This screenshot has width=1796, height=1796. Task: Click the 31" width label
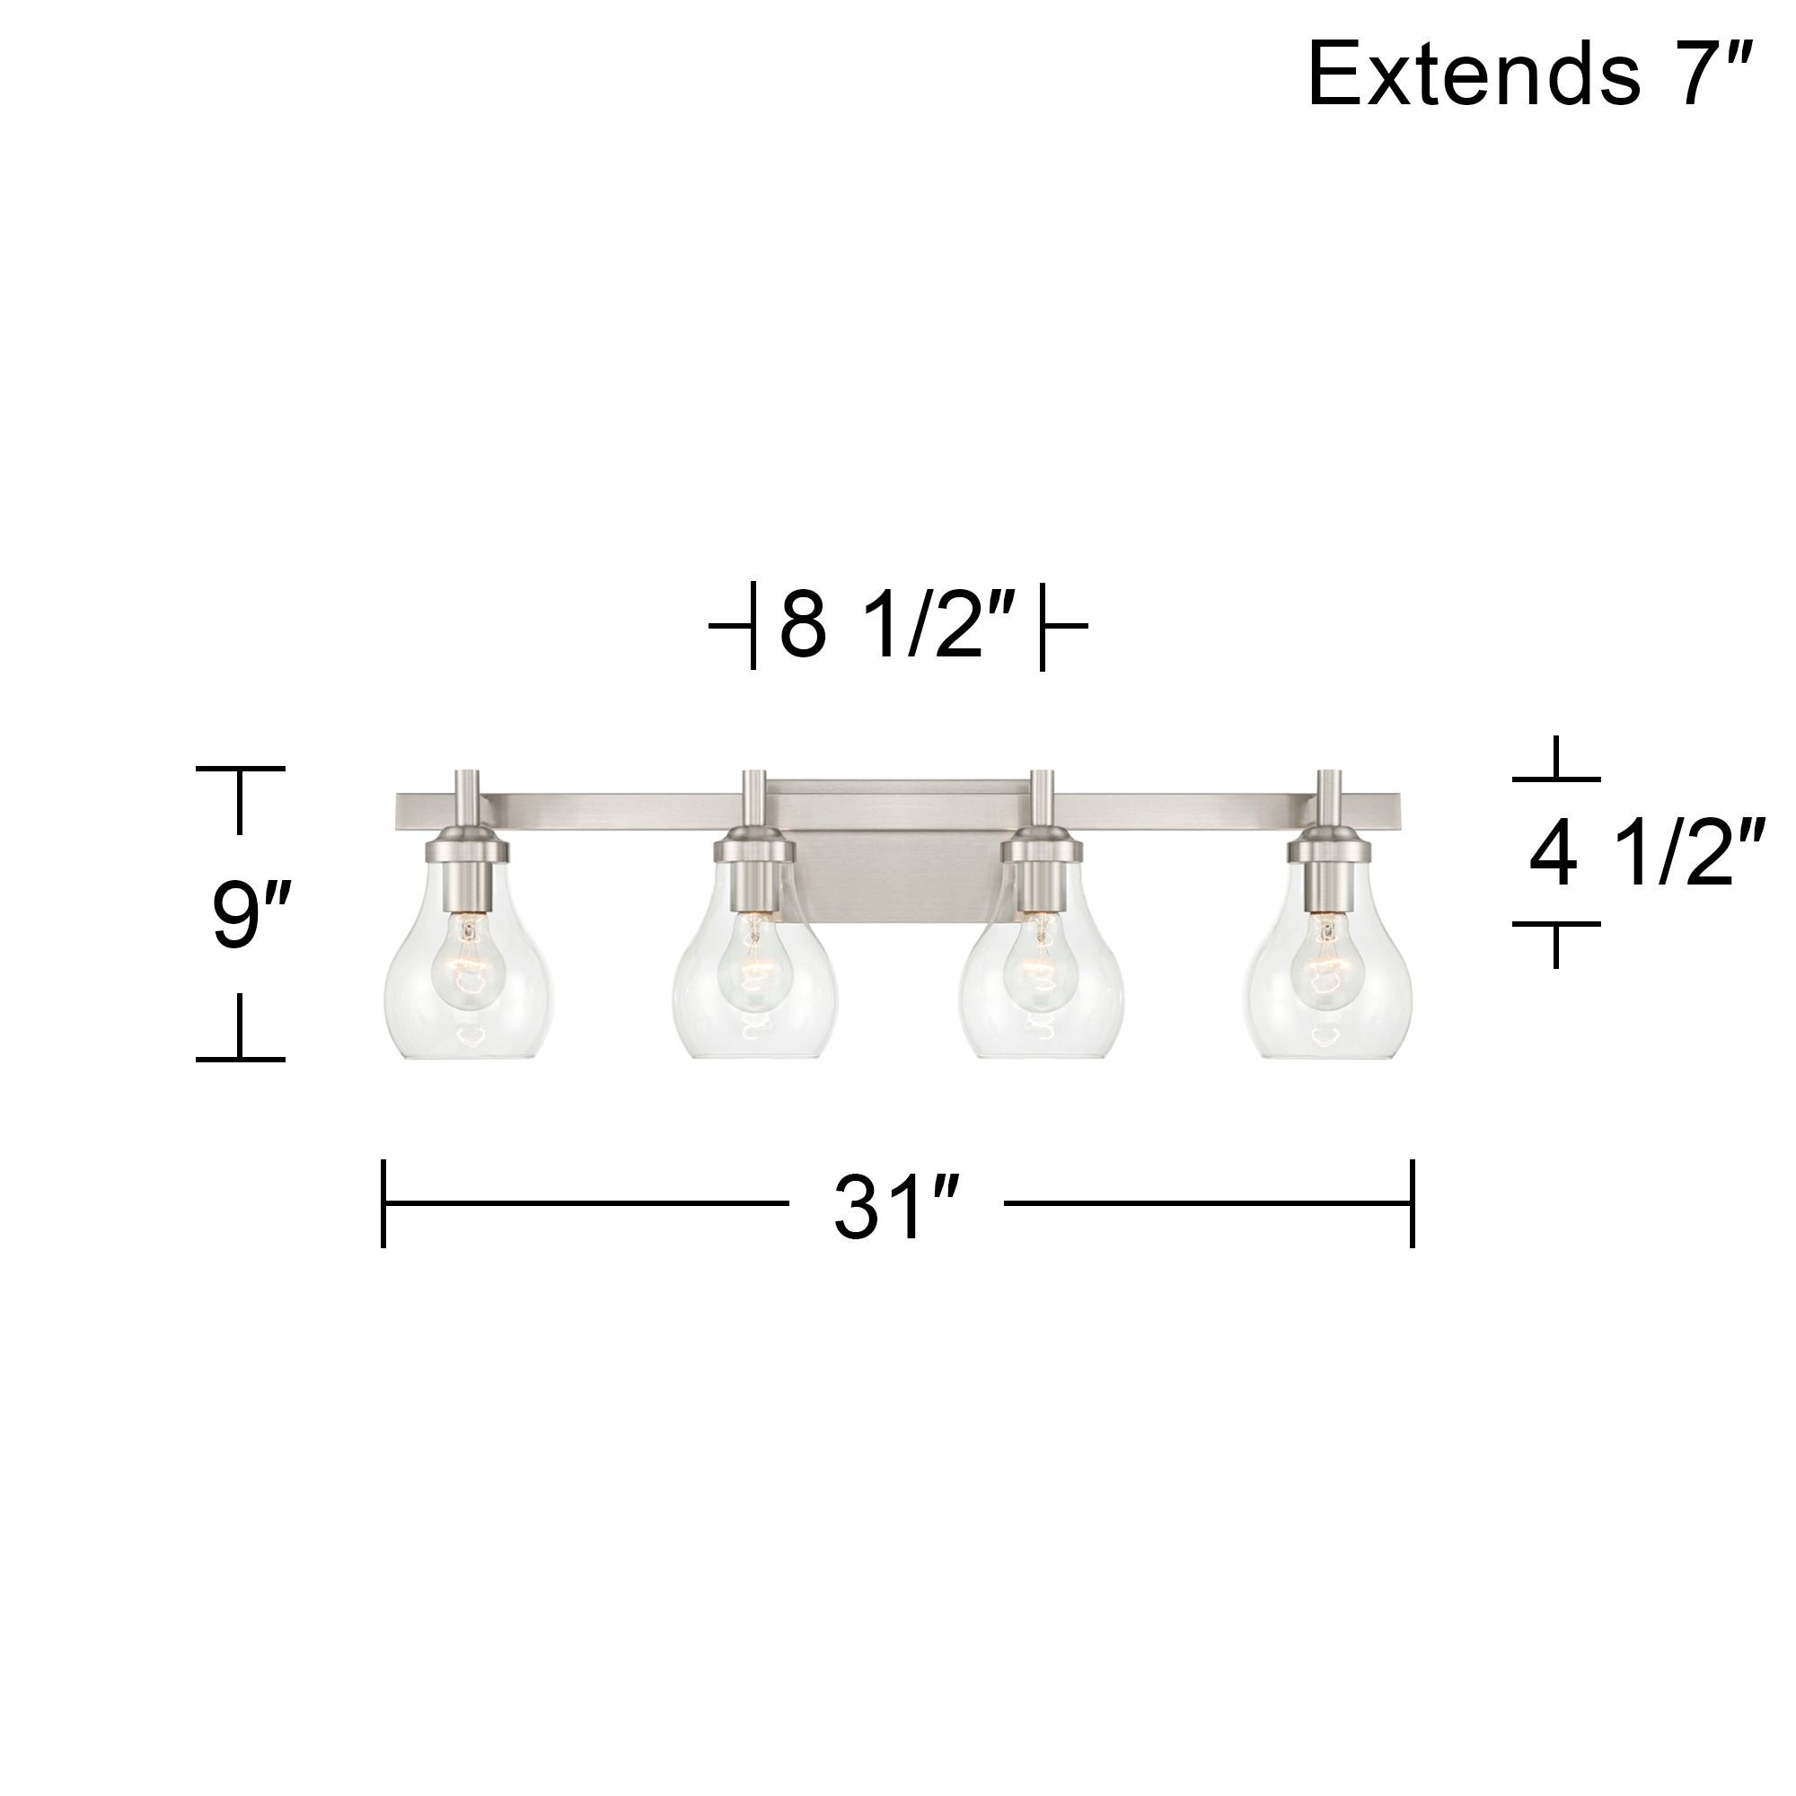[x=894, y=1208]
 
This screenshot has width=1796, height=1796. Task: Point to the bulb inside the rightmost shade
[x=1327, y=962]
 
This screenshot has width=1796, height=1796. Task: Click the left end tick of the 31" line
[x=383, y=1203]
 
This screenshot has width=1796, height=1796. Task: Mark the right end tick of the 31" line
[x=1412, y=1203]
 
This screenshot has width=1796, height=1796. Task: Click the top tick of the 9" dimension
[x=240, y=770]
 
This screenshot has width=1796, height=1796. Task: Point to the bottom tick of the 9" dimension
[x=240, y=1059]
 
